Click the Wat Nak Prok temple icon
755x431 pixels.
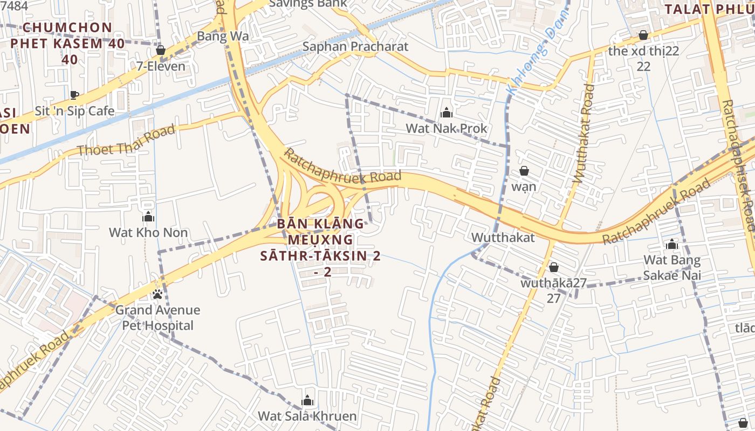(446, 113)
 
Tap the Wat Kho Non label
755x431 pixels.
(148, 233)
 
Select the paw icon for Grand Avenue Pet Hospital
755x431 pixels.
(157, 294)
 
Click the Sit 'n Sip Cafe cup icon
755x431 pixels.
(74, 95)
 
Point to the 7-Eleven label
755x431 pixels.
(160, 66)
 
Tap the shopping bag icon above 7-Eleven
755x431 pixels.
(160, 51)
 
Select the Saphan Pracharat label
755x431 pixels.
(355, 46)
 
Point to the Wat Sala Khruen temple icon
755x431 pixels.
(307, 400)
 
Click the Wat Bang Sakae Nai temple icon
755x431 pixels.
(671, 245)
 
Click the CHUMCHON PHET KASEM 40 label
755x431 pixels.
(67, 36)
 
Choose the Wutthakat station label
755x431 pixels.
(503, 238)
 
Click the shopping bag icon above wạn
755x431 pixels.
(524, 171)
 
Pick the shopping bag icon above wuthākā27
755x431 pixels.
(553, 268)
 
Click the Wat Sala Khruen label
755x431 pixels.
(307, 416)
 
